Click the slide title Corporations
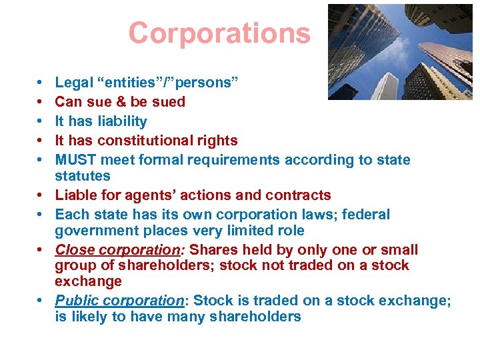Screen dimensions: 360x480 click(219, 33)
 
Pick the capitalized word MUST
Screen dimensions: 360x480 click(76, 160)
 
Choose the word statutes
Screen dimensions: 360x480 click(83, 176)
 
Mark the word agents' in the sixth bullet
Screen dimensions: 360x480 click(172, 195)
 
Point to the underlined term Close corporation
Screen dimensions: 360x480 click(115, 250)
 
